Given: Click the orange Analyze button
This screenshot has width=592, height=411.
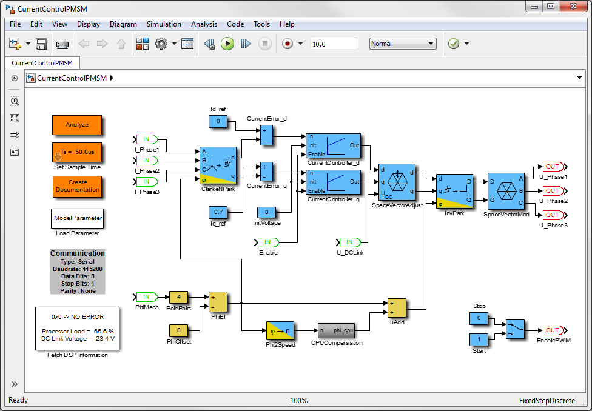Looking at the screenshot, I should pyautogui.click(x=77, y=125).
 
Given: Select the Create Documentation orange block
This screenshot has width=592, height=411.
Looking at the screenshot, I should pyautogui.click(x=77, y=186).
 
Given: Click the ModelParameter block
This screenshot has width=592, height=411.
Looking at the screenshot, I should pyautogui.click(x=77, y=218).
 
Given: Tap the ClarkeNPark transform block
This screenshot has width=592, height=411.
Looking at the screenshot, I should pyautogui.click(x=218, y=165).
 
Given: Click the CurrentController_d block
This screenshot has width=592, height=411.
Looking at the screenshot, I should pyautogui.click(x=333, y=145).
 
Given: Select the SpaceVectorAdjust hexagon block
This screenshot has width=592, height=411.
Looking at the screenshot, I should pyautogui.click(x=397, y=182).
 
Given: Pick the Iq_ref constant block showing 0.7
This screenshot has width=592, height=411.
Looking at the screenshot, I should pyautogui.click(x=218, y=212).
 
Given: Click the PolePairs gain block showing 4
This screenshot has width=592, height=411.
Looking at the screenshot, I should pyautogui.click(x=178, y=297).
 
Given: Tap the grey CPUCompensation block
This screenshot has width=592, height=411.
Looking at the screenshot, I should pyautogui.click(x=336, y=330).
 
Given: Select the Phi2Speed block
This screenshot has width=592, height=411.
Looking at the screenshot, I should pyautogui.click(x=280, y=330).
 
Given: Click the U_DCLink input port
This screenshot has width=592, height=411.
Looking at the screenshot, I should pyautogui.click(x=350, y=242).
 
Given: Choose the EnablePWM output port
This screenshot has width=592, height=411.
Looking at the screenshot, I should pyautogui.click(x=552, y=330).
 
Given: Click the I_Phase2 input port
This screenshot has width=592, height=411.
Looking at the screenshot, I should pyautogui.click(x=146, y=161).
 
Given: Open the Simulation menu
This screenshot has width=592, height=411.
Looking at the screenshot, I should pyautogui.click(x=164, y=24).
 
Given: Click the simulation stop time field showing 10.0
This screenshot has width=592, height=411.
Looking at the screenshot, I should pyautogui.click(x=334, y=44).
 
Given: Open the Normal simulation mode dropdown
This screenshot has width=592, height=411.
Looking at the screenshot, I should pyautogui.click(x=403, y=44).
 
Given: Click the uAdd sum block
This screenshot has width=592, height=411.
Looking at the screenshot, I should pyautogui.click(x=397, y=307).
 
